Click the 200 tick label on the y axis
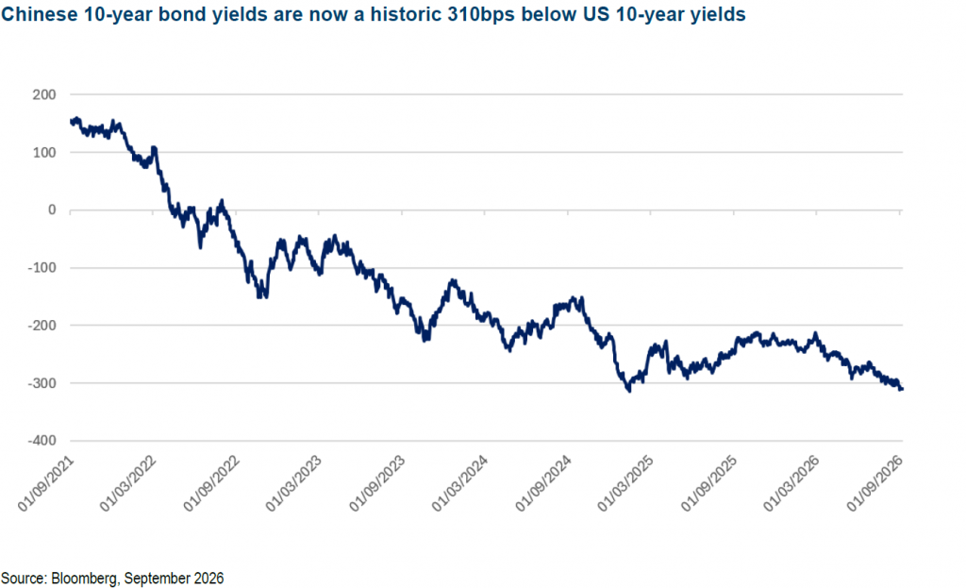44,95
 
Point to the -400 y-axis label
42,441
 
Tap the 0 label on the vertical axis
53,210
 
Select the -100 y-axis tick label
42,268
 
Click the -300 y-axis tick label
42,383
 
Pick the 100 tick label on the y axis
44,153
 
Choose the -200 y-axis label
42,326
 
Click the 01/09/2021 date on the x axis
45,484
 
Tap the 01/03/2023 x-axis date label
294,484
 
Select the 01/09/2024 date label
543,484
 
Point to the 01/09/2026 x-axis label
874,484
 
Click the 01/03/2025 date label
626,484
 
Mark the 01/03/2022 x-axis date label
128,484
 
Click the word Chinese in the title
40,14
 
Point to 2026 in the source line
208,579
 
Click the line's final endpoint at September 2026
902,389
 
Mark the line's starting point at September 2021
72,122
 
